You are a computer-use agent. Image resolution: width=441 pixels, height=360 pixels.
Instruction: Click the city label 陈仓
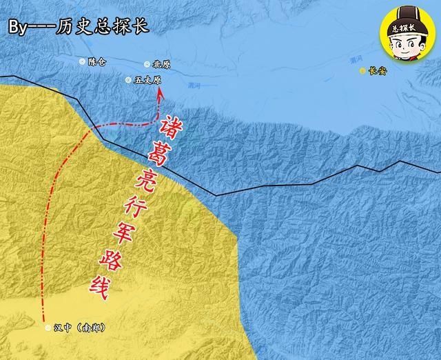pyautogui.click(x=98, y=61)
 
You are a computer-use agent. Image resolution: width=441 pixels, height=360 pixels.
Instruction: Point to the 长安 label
pyautogui.click(x=378, y=70)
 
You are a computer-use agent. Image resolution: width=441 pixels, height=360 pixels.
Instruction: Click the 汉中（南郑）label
pyautogui.click(x=79, y=328)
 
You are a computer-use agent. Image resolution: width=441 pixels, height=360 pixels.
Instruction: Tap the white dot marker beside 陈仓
pyautogui.click(x=83, y=61)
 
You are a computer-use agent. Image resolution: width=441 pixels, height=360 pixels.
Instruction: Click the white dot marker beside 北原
pyautogui.click(x=146, y=64)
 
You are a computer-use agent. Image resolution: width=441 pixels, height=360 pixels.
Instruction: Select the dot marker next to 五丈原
pyautogui.click(x=128, y=80)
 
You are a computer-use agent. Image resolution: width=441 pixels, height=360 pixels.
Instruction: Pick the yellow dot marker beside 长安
pyautogui.click(x=363, y=70)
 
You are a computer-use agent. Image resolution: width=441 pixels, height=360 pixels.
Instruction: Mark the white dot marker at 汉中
pyautogui.click(x=48, y=328)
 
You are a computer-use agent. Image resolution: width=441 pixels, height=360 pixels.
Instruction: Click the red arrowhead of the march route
pyautogui.click(x=161, y=97)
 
